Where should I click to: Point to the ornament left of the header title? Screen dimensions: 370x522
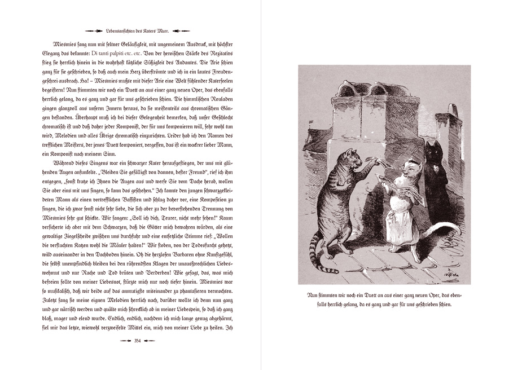point(94,30)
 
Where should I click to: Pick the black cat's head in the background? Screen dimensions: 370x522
point(433,151)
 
